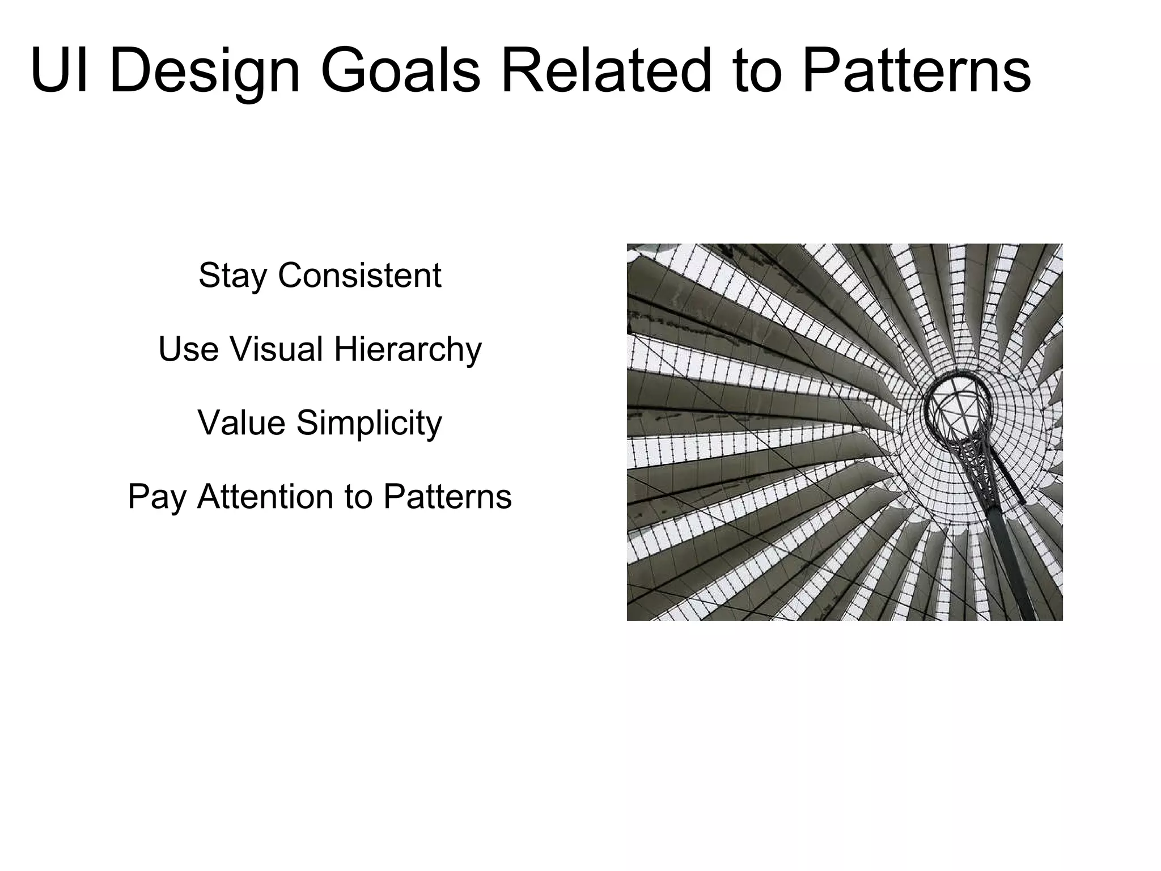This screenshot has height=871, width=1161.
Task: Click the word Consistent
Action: [x=359, y=276]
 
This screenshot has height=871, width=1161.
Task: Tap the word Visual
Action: [x=276, y=349]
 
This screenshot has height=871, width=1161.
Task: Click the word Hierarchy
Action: [x=408, y=350]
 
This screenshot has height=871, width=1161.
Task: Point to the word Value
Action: [x=241, y=423]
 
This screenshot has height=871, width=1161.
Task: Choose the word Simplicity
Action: [x=369, y=424]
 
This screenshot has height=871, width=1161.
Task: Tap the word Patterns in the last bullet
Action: [x=447, y=497]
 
